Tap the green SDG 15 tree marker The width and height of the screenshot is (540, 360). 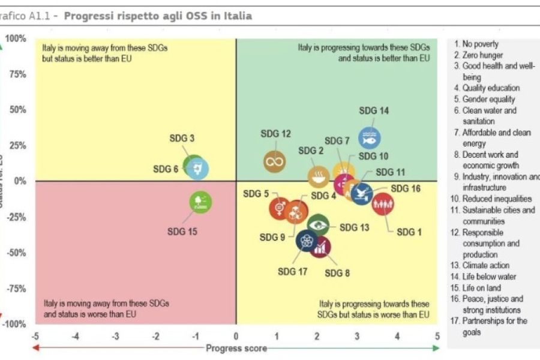(x=200, y=202)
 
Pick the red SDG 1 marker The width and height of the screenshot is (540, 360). (x=383, y=204)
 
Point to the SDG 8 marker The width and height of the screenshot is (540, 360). (x=320, y=246)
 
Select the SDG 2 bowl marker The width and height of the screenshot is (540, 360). (x=318, y=176)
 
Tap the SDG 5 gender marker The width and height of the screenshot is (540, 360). (x=279, y=208)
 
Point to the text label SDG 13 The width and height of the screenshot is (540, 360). (x=355, y=227)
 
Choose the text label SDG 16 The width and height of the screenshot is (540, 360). (x=406, y=188)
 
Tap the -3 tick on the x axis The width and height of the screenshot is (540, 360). (x=115, y=337)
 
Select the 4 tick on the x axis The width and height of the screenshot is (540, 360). (x=397, y=337)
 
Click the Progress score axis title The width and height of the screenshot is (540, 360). (x=236, y=348)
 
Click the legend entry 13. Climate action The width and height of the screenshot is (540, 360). (x=485, y=265)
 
